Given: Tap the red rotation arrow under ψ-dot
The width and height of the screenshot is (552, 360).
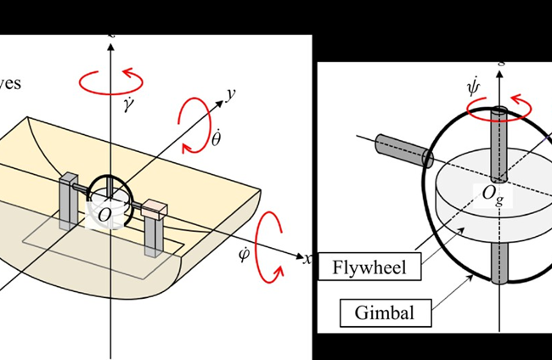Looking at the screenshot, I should tap(498, 108).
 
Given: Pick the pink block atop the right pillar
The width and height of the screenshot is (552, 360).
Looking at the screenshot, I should tap(155, 208).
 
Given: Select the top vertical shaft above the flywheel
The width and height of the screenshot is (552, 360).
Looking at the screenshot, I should tap(499, 141).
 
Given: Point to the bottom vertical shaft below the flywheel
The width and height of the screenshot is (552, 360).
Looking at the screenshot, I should tap(498, 259).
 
